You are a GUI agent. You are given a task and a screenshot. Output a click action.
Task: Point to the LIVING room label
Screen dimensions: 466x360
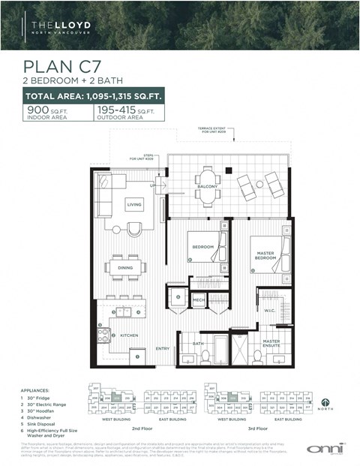pyautogui.click(x=134, y=204)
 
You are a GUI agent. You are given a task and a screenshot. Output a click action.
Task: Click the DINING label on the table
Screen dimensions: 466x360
pyautogui.click(x=125, y=267)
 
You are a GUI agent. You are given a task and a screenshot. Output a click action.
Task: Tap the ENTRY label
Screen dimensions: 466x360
pyautogui.click(x=163, y=349)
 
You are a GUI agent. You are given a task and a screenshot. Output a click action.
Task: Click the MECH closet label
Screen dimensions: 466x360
pyautogui.click(x=199, y=300)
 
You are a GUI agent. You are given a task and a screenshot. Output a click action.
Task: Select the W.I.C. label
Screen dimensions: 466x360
pyautogui.click(x=270, y=310)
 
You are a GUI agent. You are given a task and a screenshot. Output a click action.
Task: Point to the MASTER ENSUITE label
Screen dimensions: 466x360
pyautogui.click(x=271, y=344)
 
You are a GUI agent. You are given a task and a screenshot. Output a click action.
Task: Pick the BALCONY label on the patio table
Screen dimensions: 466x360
pyautogui.click(x=208, y=186)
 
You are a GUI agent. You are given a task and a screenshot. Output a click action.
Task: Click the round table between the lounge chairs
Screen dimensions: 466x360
pyautogui.click(x=259, y=184)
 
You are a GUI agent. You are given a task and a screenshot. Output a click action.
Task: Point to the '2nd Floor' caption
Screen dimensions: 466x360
pyautogui.click(x=143, y=428)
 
